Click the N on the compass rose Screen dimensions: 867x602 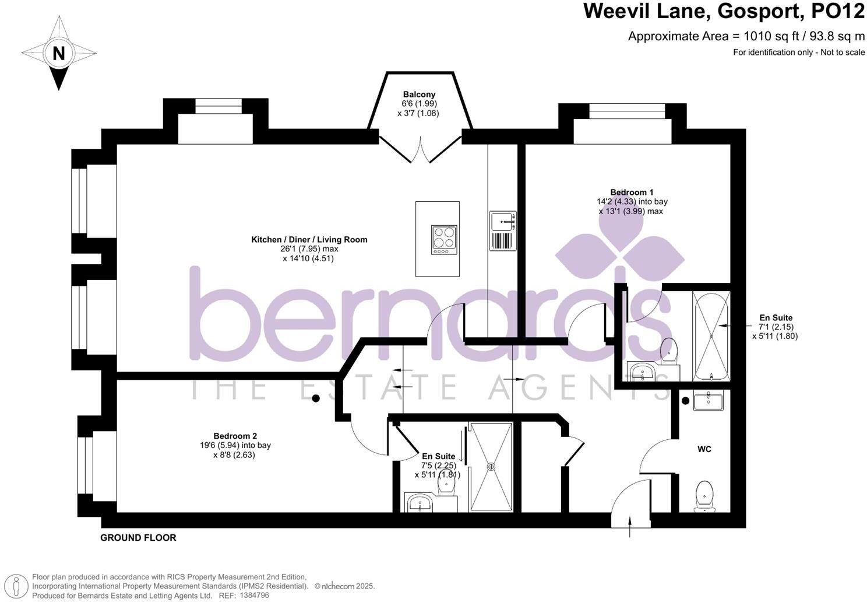click(58, 54)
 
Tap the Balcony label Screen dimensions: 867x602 click(419, 94)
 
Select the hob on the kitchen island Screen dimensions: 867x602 click(444, 240)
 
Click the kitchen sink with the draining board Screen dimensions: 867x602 click(502, 231)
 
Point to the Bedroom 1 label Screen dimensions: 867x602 click(632, 192)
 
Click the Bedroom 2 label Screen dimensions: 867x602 click(235, 436)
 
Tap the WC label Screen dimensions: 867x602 click(704, 449)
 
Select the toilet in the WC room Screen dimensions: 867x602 click(704, 496)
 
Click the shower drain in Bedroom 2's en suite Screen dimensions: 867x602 click(491, 467)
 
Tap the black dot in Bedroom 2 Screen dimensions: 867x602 click(316, 398)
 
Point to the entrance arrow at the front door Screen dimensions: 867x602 click(630, 527)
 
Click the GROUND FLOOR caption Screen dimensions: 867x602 click(138, 538)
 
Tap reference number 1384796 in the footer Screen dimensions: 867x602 click(254, 596)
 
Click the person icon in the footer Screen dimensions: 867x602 click(16, 586)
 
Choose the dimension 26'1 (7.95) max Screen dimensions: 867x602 click(309, 249)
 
